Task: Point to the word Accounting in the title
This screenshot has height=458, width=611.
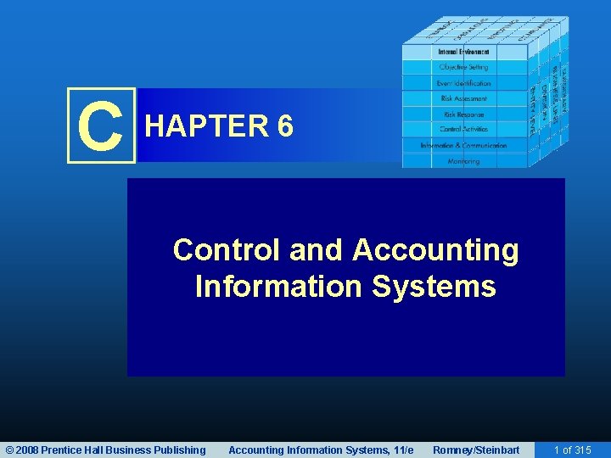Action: point(435,250)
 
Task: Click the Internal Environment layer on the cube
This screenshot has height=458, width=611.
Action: point(463,53)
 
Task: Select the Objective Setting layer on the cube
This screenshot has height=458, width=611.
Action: point(463,68)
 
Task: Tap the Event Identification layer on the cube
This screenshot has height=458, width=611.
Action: point(463,83)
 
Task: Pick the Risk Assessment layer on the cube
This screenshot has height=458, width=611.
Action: point(463,98)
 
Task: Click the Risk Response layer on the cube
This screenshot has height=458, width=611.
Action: point(463,114)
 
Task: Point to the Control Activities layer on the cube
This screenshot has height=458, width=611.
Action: point(463,129)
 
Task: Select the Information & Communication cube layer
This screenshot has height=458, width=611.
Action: point(463,145)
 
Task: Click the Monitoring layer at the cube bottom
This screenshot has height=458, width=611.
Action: point(463,160)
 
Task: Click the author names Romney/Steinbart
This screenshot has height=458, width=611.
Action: point(476,450)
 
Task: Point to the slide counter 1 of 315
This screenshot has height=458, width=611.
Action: point(572,450)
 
